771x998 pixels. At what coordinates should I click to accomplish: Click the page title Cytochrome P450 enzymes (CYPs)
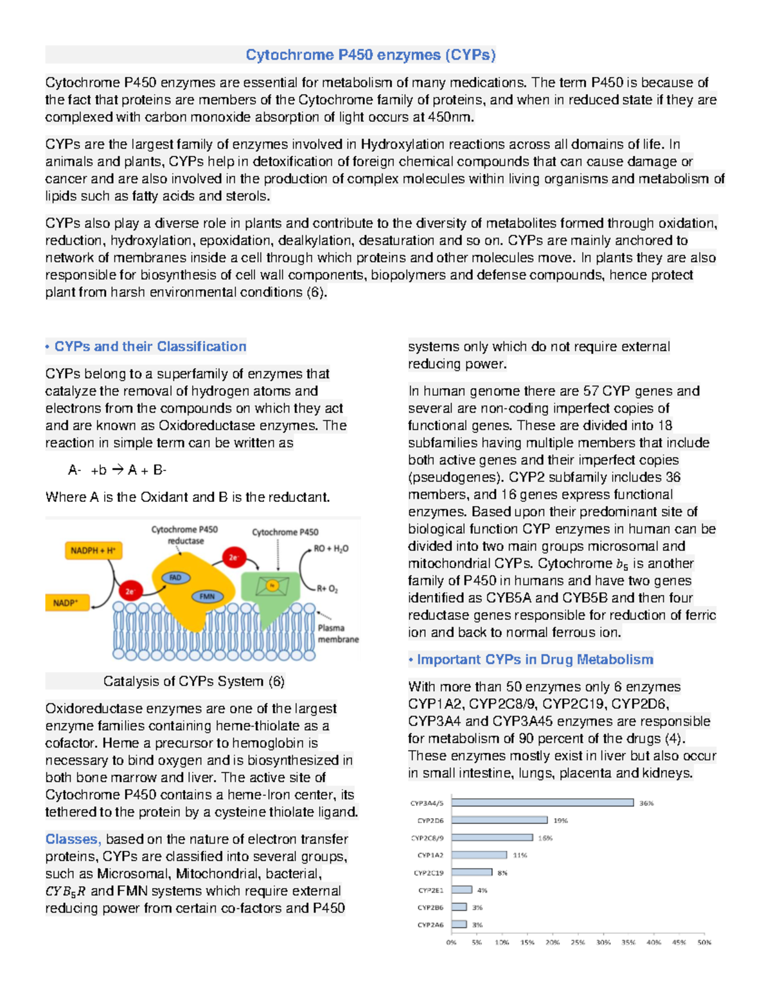[x=371, y=55]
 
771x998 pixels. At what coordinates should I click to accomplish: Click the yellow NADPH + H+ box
[x=93, y=551]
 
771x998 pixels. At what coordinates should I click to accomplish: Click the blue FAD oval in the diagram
[x=175, y=578]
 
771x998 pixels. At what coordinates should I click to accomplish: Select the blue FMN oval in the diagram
[x=207, y=596]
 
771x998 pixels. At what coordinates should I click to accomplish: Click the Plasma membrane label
[x=337, y=634]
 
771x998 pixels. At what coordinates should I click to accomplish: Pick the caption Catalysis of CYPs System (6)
[x=193, y=681]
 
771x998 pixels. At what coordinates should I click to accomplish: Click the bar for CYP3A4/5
[x=542, y=803]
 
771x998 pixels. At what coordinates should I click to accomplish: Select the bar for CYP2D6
[x=499, y=820]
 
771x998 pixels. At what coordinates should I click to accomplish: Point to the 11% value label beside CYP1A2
[x=520, y=855]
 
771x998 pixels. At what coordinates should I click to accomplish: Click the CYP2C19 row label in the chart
[x=429, y=873]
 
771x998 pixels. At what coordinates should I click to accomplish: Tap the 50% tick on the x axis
[x=704, y=942]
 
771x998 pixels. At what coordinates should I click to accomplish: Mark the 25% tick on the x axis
[x=578, y=942]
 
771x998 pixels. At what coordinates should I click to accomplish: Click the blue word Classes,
[x=73, y=839]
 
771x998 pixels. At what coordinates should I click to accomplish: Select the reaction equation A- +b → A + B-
[x=118, y=470]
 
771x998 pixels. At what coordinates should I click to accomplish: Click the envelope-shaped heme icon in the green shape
[x=272, y=585]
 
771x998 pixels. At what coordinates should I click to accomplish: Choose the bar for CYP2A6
[x=459, y=925]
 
